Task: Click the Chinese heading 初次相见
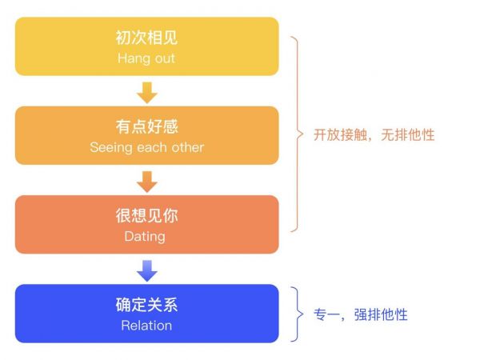(146, 38)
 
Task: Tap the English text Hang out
(146, 58)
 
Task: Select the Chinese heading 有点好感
(146, 126)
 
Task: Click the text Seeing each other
(147, 147)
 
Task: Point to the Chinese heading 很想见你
(146, 215)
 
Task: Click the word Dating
(145, 237)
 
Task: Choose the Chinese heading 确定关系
(146, 305)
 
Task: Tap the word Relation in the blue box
(146, 326)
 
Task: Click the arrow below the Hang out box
(147, 93)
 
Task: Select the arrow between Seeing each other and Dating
(147, 182)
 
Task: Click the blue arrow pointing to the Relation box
(147, 271)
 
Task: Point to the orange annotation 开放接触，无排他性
(374, 134)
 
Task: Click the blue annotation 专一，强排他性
(361, 314)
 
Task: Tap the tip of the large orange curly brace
(303, 134)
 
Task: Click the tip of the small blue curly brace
(303, 314)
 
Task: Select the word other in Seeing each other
(188, 147)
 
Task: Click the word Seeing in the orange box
(111, 148)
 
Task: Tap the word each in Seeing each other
(152, 147)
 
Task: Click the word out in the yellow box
(165, 58)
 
